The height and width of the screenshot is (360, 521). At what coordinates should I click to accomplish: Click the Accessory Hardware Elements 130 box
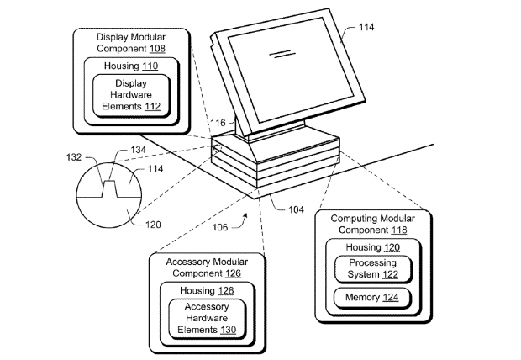205,318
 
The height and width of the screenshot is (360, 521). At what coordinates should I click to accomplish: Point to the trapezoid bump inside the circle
108,188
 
